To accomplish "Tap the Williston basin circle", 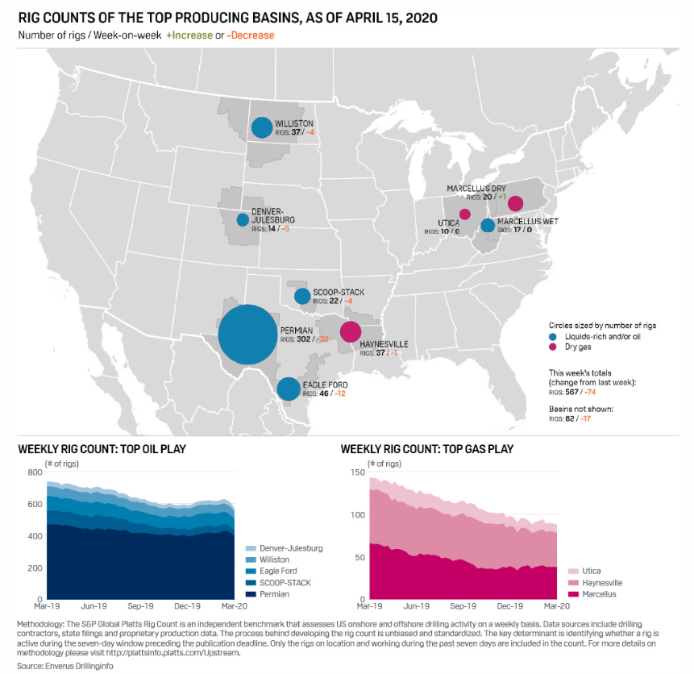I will (x=262, y=127).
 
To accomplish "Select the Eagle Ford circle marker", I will (x=289, y=389).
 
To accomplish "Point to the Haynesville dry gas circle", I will (x=350, y=331).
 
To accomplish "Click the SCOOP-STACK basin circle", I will (x=302, y=296).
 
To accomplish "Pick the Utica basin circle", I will (x=465, y=214).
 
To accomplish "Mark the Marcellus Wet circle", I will (x=488, y=226).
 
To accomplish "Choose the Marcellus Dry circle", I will (x=515, y=203).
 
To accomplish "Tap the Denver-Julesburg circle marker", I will (x=243, y=219).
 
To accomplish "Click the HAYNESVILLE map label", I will (x=384, y=344).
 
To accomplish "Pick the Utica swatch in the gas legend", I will (x=574, y=571).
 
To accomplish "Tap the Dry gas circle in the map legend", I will (x=552, y=347).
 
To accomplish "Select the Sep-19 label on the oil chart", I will (x=140, y=605).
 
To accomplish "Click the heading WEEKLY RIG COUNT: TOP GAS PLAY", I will (x=427, y=449).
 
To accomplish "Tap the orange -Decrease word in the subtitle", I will (x=251, y=35).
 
